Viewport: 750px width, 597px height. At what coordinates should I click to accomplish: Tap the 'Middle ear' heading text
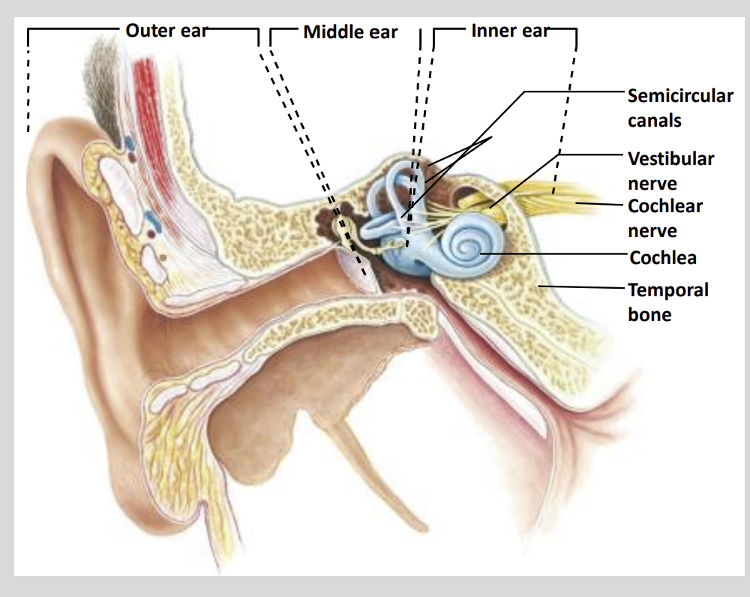tap(350, 32)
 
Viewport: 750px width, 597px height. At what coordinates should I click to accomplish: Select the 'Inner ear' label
tap(509, 31)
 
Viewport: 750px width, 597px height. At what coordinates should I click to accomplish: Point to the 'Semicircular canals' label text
tap(679, 107)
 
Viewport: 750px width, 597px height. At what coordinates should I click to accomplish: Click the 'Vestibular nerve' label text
tap(670, 170)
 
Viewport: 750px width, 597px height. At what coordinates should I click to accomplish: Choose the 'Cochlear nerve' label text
tap(664, 217)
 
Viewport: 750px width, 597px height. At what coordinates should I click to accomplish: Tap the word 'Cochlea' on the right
tap(663, 258)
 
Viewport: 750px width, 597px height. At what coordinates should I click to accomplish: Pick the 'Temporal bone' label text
tap(667, 301)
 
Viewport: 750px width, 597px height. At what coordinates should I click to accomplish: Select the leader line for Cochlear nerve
tap(600, 203)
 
